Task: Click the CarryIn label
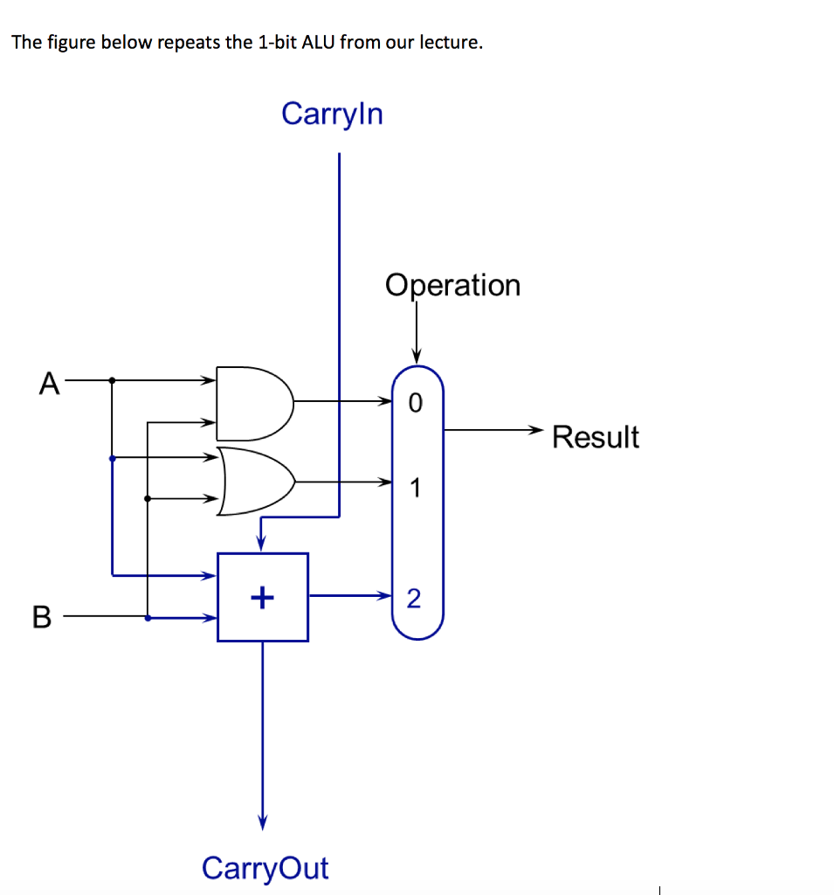pos(332,114)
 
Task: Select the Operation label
pos(452,285)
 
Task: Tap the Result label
pos(596,436)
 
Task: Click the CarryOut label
pos(265,868)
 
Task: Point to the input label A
pos(49,383)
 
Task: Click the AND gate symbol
pos(253,402)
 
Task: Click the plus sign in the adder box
pos(262,598)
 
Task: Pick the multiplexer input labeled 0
pos(415,403)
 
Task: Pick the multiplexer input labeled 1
pos(415,488)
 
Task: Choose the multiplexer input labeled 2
pos(414,598)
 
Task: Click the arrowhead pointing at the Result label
pos(536,429)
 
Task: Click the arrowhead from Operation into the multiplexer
pos(417,357)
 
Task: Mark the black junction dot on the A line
pos(112,380)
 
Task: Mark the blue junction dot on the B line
pos(147,617)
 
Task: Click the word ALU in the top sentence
pos(315,43)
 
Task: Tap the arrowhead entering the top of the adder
pos(260,545)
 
